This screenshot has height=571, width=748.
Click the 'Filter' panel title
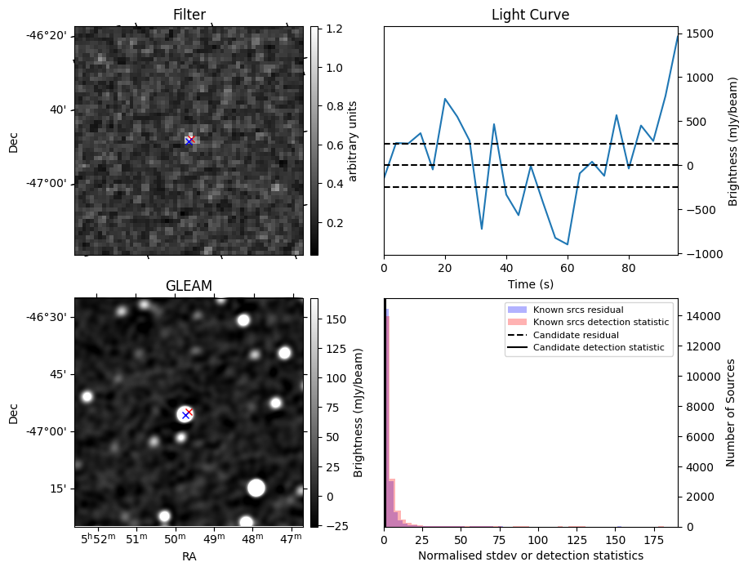(x=189, y=15)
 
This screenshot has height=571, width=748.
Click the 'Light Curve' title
(x=530, y=15)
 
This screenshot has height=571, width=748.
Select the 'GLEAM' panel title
(x=189, y=285)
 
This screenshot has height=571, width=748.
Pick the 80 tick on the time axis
(x=629, y=266)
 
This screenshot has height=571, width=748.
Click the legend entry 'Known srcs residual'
(x=577, y=310)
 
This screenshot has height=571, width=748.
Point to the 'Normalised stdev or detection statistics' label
(x=530, y=555)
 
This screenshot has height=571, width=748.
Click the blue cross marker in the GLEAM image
(x=185, y=415)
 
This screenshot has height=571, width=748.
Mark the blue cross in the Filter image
(x=189, y=141)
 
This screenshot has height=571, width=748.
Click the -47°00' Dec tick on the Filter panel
(x=48, y=184)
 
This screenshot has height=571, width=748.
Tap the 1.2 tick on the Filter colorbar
(x=334, y=29)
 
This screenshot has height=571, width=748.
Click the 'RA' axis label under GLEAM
(x=189, y=556)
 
